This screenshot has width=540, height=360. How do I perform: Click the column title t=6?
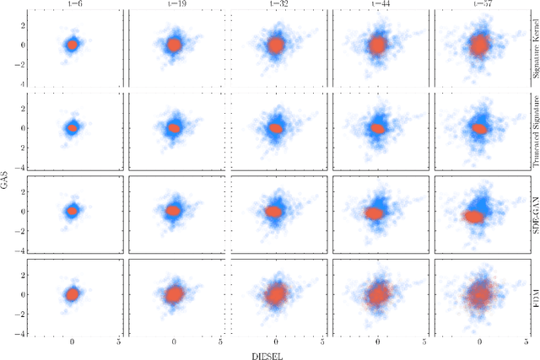point(73,4)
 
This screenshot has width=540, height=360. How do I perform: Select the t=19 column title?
point(175,4)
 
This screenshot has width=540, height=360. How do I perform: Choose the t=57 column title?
point(480,4)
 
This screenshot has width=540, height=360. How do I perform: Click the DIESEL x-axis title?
point(276,355)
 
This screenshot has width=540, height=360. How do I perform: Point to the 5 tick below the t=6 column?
point(118,342)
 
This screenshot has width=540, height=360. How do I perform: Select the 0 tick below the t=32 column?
point(276,342)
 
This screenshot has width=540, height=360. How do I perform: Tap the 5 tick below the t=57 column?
point(526,342)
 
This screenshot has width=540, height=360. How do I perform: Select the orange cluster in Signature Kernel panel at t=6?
point(73,45)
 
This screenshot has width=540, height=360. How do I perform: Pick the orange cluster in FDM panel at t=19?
point(174,294)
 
